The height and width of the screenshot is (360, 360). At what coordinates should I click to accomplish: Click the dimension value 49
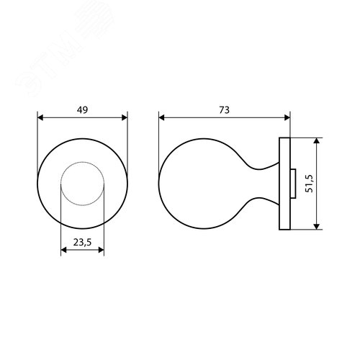point(82,110)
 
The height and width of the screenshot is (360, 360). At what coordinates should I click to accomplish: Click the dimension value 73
point(224,110)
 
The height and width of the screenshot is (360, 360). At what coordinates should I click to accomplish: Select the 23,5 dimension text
point(82,242)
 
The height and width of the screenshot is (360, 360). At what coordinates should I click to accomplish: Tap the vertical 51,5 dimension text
point(310,184)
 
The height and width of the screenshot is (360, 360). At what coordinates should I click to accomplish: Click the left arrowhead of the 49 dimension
point(40,117)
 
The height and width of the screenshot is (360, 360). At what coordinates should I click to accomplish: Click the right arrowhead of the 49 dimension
point(125,117)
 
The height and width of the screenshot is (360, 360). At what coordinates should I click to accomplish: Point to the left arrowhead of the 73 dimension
point(161,117)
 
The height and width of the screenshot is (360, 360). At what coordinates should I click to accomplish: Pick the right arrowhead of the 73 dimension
point(287,117)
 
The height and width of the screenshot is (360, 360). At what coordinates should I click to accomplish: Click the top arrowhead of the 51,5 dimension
point(317,141)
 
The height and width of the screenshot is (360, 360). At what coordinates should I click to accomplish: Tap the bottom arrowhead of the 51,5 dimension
point(317,226)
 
